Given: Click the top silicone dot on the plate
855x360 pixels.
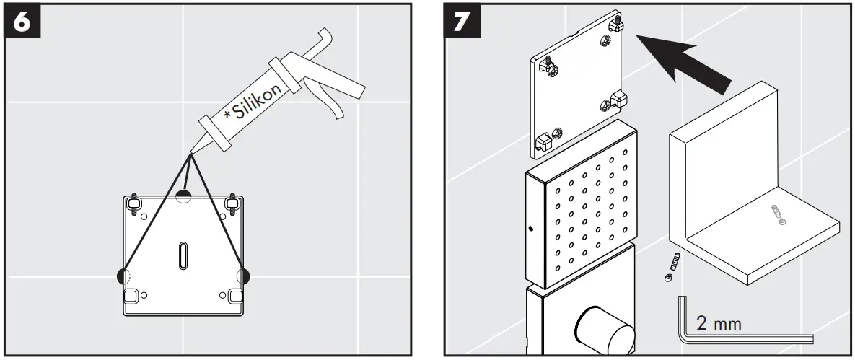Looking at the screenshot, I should click(x=185, y=193).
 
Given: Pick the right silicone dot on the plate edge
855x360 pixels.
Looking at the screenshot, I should click(x=246, y=275).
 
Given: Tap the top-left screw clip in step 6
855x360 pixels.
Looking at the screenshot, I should click(x=134, y=204).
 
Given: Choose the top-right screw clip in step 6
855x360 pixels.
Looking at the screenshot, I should click(x=232, y=204).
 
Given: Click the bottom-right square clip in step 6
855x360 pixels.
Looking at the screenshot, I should click(x=234, y=296).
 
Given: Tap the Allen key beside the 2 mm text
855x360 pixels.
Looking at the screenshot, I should click(x=743, y=336).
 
